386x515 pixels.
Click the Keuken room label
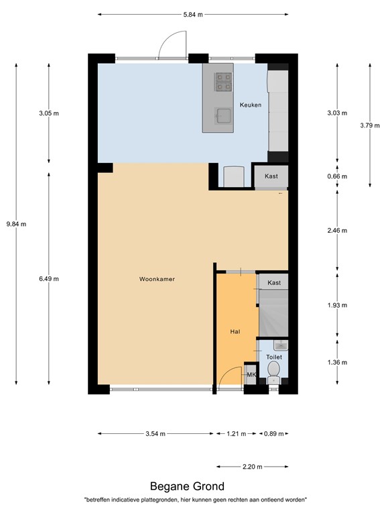(251, 105)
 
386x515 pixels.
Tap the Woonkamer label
(157, 279)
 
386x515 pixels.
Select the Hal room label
(235, 331)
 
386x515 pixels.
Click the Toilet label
(273, 357)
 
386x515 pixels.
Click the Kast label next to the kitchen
(271, 176)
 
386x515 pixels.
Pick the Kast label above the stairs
(274, 284)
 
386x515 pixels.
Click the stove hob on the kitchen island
(223, 82)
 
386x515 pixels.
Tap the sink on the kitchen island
(223, 116)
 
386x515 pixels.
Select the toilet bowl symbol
(273, 380)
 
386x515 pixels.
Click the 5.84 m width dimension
(193, 13)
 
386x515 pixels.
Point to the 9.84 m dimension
(16, 224)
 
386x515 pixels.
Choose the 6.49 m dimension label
(49, 279)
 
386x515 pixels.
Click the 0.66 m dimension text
(338, 176)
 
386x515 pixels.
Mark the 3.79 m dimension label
(370, 125)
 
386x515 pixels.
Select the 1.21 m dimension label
(236, 433)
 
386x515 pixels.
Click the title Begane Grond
(187, 486)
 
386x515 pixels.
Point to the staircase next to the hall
(273, 312)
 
